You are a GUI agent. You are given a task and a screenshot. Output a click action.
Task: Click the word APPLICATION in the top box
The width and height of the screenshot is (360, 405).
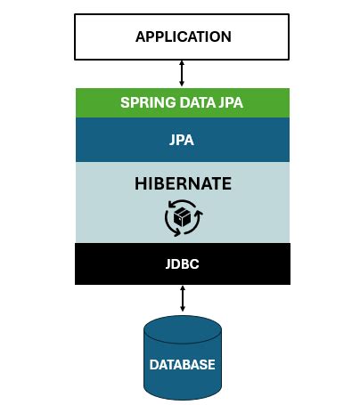coord(183,36)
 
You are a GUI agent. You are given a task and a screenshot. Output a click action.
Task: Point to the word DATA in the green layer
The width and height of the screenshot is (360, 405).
coord(194,101)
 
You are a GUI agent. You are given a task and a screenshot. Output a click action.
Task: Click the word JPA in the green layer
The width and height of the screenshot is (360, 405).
coord(230,101)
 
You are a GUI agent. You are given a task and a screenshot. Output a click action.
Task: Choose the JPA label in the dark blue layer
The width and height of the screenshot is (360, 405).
coord(183,140)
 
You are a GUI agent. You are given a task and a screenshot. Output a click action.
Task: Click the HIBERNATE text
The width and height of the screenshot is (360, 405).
coord(183,184)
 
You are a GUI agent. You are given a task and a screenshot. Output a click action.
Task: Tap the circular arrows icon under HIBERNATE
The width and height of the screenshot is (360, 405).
coord(183,216)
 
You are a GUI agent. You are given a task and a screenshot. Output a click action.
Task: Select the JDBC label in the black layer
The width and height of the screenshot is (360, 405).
coord(183,263)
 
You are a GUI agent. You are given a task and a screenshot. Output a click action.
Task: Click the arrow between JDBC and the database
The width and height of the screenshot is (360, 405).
coord(183,298)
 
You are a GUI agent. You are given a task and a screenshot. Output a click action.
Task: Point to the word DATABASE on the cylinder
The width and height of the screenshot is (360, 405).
coord(183,364)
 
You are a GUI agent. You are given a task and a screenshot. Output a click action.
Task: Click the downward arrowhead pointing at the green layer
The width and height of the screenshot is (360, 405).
coord(183,84)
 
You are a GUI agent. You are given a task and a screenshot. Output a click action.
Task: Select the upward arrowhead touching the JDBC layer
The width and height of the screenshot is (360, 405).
coord(183,288)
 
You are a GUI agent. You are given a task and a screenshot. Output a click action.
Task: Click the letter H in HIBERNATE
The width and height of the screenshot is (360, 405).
coord(140,184)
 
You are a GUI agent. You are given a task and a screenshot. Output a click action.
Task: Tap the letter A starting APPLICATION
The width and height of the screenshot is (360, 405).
coord(140,36)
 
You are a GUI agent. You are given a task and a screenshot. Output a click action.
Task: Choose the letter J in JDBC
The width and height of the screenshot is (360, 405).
coord(167,263)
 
